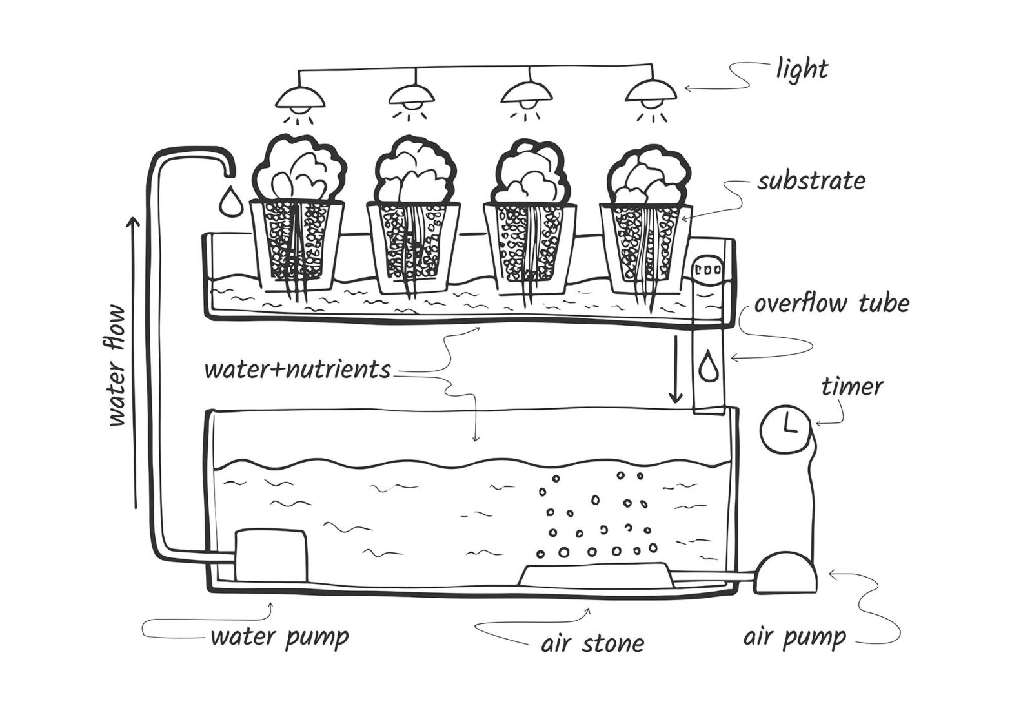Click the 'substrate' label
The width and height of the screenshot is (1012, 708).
[811, 181]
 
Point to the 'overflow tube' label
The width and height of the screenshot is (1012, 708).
[832, 304]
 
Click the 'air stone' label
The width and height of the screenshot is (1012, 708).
[592, 643]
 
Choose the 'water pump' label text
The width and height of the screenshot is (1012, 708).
[279, 637]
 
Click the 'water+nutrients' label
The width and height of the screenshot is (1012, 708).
[298, 370]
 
